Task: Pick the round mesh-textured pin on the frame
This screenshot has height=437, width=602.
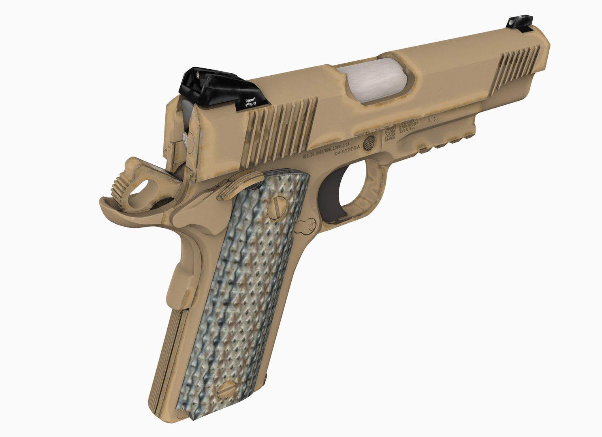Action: point(369,142)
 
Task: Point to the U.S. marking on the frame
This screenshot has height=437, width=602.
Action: point(433,120)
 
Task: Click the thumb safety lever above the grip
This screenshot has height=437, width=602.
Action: point(239,184)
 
